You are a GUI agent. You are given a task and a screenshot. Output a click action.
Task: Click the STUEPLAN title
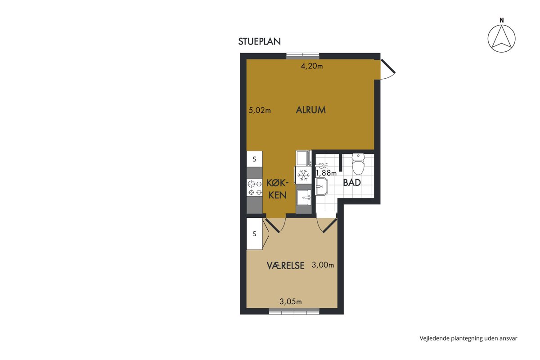[x=259, y=41]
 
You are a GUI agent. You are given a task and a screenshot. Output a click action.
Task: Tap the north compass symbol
[x=501, y=36]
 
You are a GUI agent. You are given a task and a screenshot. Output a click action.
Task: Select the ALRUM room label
[x=311, y=110]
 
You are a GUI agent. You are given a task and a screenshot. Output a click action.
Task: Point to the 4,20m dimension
[x=312, y=66]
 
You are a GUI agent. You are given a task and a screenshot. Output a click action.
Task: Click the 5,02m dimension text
[x=260, y=110]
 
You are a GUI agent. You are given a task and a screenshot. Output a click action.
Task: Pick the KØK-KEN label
[x=278, y=189]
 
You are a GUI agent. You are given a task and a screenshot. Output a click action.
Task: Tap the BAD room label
[x=352, y=183]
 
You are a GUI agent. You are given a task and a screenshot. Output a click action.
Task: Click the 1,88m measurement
[x=326, y=173]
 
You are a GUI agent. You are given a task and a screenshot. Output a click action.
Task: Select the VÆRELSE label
[x=286, y=265]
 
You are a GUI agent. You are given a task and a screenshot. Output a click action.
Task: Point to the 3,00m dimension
[x=323, y=265]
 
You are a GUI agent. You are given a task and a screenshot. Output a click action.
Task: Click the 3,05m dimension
[x=291, y=301]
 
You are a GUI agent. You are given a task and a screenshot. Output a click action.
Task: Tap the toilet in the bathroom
[x=358, y=164]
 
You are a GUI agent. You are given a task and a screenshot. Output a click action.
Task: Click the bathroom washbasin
[x=321, y=186]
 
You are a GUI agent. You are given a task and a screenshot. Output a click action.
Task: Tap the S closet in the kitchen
[x=254, y=159]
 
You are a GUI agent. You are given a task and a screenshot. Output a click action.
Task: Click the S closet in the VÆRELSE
[x=254, y=234]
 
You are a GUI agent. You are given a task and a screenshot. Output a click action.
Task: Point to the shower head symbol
[x=322, y=166]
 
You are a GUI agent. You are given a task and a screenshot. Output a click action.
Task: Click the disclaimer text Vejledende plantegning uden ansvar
[x=468, y=338]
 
